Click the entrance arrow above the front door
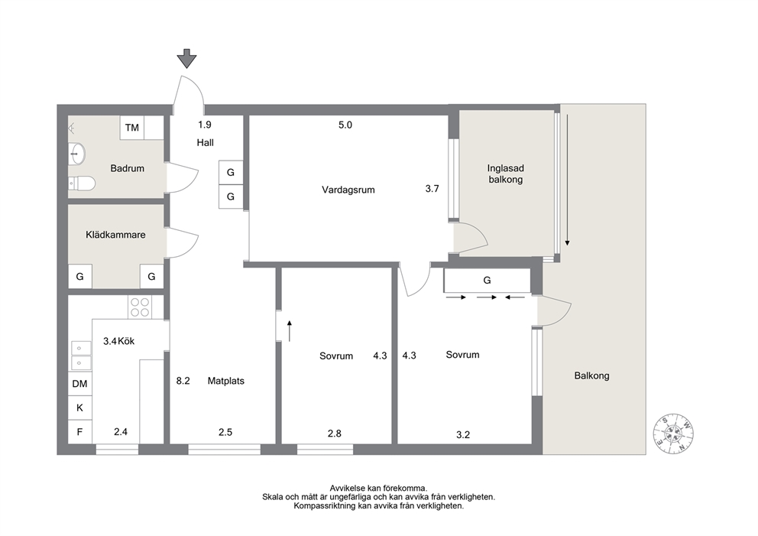tap(186, 59)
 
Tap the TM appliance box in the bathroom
tap(132, 128)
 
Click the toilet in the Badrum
tap(81, 184)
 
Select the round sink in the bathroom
tap(76, 154)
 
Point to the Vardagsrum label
tap(348, 190)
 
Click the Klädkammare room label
tap(115, 235)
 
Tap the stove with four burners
tap(140, 307)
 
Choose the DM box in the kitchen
tap(79, 384)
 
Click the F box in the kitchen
tap(79, 432)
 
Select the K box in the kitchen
tap(79, 408)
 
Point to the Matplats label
tap(225, 381)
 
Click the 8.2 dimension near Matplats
tap(183, 381)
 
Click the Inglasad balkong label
tap(506, 174)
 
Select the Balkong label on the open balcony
tap(591, 375)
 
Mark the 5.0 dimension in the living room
tap(345, 125)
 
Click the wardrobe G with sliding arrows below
tap(488, 280)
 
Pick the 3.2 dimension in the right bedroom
tap(463, 434)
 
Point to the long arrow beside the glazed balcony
tap(568, 180)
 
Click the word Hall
tap(205, 143)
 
